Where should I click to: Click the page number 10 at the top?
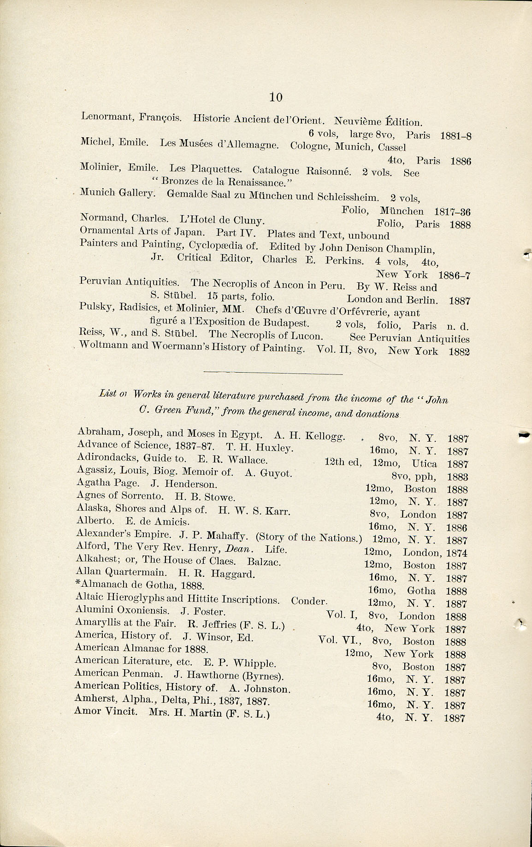pos(276,97)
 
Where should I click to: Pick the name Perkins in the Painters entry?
pos(344,260)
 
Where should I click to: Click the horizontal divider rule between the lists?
pos(273,373)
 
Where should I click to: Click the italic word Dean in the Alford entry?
pos(239,549)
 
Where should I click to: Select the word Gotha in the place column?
pos(421,590)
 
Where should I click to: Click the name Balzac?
pos(264,562)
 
